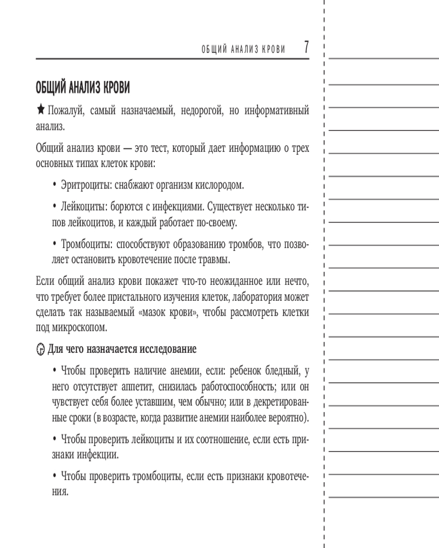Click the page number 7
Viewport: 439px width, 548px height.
pyautogui.click(x=306, y=48)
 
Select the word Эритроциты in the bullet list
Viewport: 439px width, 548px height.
pyautogui.click(x=83, y=185)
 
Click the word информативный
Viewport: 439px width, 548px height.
pyautogui.click(x=272, y=111)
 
